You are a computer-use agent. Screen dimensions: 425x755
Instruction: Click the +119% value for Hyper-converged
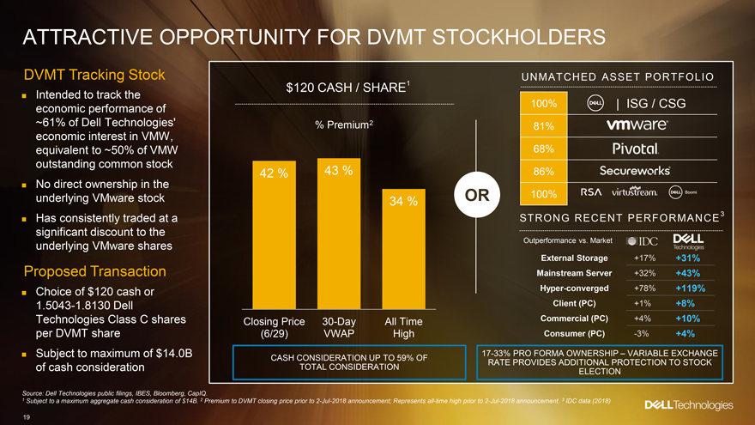pyautogui.click(x=690, y=288)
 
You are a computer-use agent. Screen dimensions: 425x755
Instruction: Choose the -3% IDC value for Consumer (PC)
pyautogui.click(x=640, y=333)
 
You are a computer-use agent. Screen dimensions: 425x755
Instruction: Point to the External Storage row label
pyautogui.click(x=575, y=258)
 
